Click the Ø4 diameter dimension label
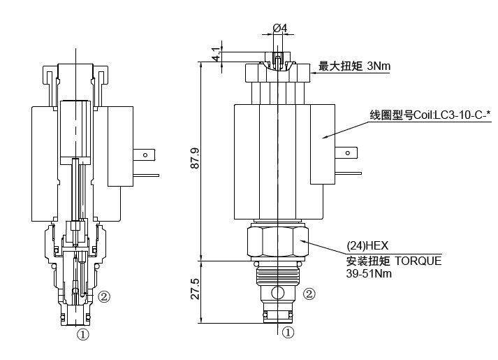279,27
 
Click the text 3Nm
377,66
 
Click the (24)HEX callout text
367,245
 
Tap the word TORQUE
419,261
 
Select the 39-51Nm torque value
369,274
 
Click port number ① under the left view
83,335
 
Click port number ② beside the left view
104,296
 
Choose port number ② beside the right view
309,294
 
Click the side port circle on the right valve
277,292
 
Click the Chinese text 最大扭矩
339,66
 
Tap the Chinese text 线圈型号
390,114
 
